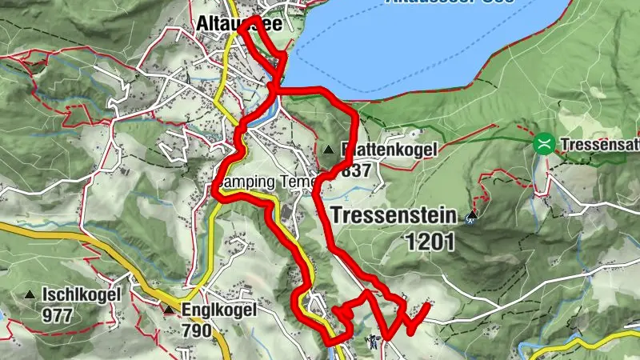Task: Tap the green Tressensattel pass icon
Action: click(x=544, y=144)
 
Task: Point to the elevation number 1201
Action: click(x=429, y=240)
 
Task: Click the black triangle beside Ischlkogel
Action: click(x=30, y=294)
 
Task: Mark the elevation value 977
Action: click(x=58, y=315)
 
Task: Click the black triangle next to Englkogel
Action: click(x=169, y=309)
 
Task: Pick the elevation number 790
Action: click(x=196, y=330)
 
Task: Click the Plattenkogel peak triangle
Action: click(x=330, y=149)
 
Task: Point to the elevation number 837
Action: click(x=356, y=170)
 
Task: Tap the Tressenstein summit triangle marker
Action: click(x=472, y=214)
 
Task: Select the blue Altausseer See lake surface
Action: click(x=448, y=48)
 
